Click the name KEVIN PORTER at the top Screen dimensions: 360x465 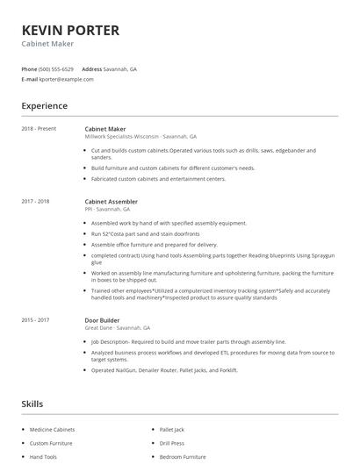click(69, 30)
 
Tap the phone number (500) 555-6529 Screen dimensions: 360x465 click(56, 68)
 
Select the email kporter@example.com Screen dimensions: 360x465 click(66, 79)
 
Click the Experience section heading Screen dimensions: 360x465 click(44, 106)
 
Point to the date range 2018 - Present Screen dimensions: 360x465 click(39, 129)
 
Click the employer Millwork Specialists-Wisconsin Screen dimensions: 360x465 click(121, 137)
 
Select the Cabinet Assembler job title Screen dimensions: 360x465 click(111, 201)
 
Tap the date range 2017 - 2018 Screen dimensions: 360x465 click(35, 201)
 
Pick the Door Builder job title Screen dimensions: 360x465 click(102, 320)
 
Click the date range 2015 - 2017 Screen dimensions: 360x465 click(35, 320)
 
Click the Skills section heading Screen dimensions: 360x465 click(33, 404)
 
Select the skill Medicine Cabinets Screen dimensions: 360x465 click(52, 429)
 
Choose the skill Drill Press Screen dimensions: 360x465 click(172, 443)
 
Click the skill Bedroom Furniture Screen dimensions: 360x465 click(183, 457)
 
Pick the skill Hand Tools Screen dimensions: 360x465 click(43, 457)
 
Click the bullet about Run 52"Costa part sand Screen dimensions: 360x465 click(146, 234)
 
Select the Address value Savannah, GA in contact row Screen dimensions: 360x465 click(121, 68)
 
